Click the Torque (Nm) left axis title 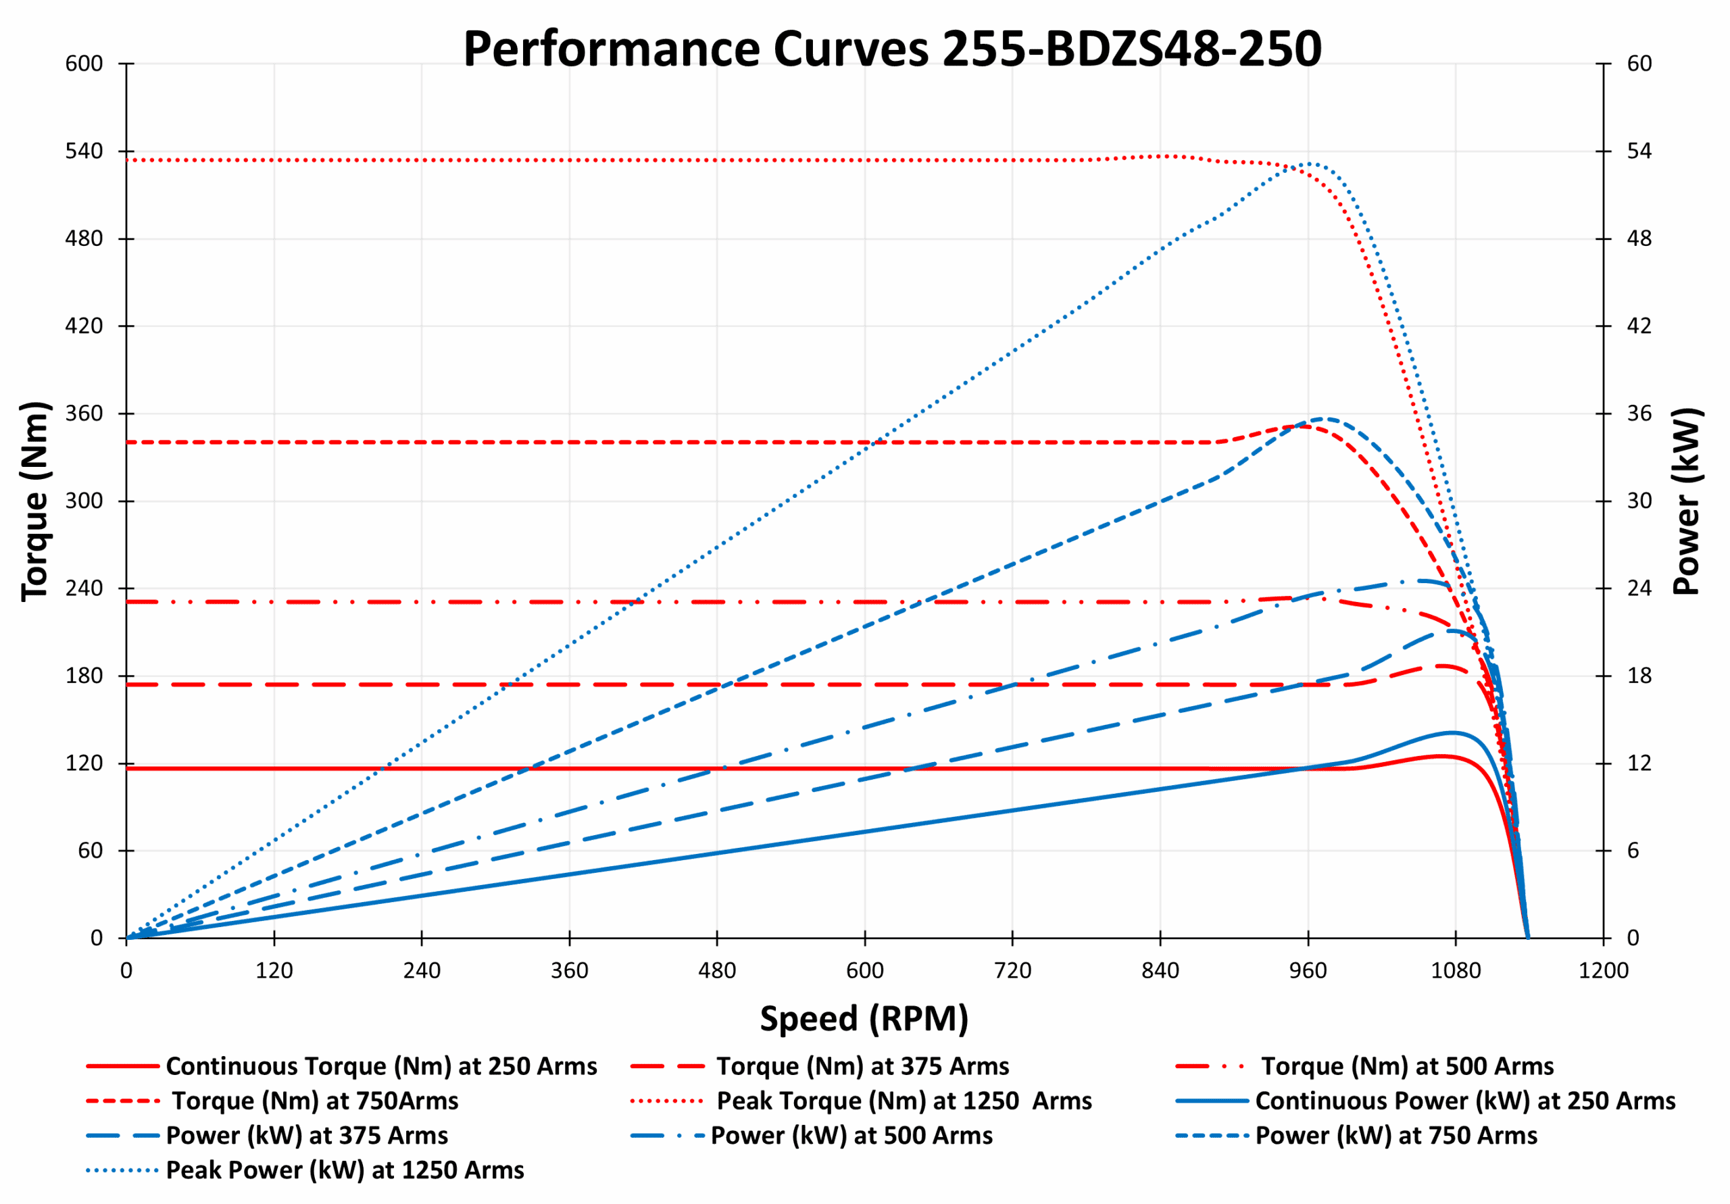[34, 501]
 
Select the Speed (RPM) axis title [864, 1019]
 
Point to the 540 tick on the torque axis [84, 151]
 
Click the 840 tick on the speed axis [1160, 970]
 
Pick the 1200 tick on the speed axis [1603, 970]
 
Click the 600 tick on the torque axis [84, 64]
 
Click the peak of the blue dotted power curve [1310, 164]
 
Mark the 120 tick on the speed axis [274, 970]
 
